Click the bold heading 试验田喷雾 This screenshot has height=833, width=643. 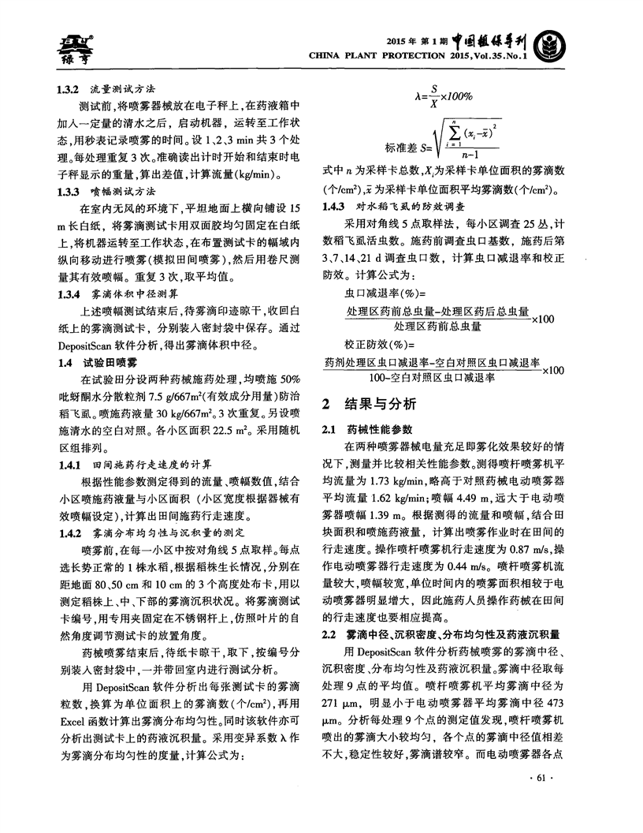pos(110,362)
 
